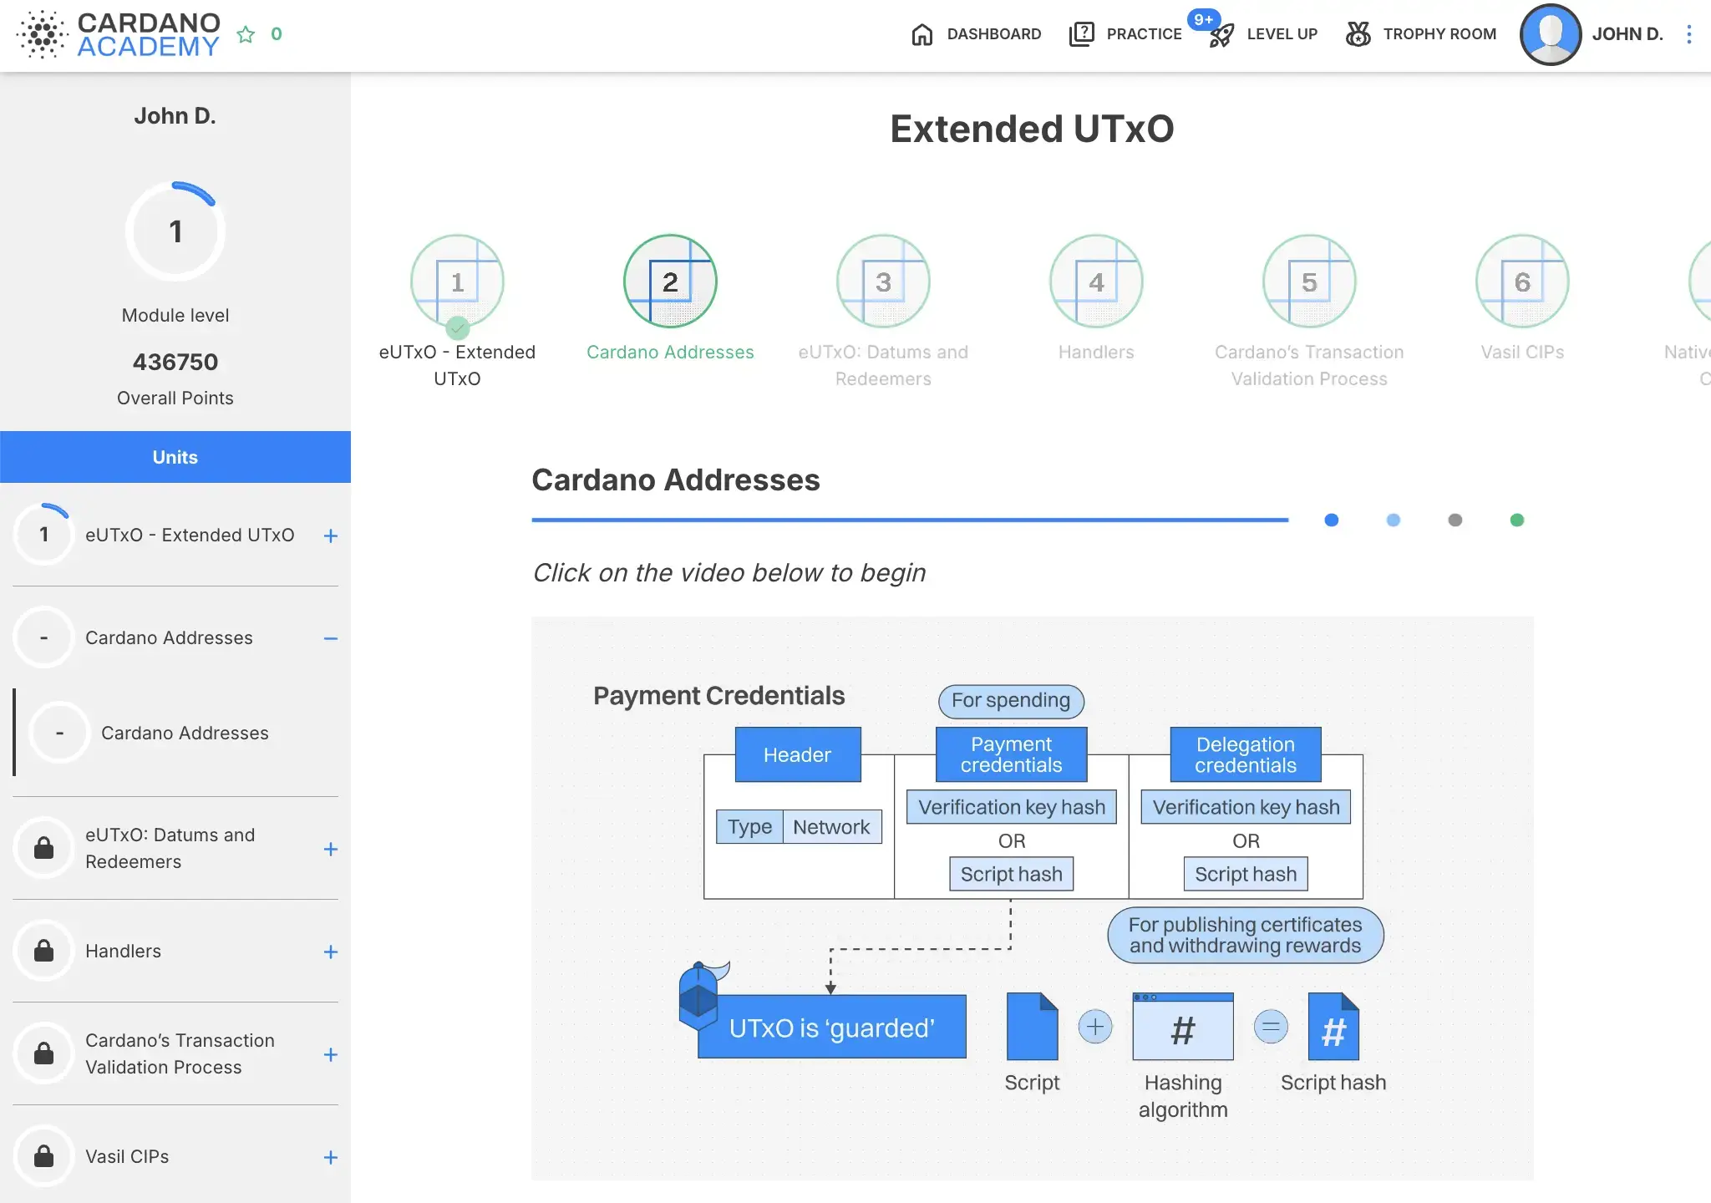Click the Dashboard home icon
[x=922, y=34]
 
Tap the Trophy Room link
[x=1421, y=34]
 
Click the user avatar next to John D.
[x=1551, y=34]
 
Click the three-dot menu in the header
[x=1688, y=34]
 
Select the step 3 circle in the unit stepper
[x=883, y=282]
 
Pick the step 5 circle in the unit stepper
[x=1309, y=282]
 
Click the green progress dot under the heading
[x=1517, y=520]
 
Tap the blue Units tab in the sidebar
[x=175, y=457]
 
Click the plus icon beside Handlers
[x=331, y=952]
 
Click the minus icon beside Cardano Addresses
[x=331, y=638]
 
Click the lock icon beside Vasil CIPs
[x=43, y=1156]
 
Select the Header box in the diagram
[x=798, y=754]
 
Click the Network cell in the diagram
[x=831, y=827]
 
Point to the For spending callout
[x=1011, y=701]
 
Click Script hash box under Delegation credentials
[x=1246, y=874]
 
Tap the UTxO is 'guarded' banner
[x=832, y=1027]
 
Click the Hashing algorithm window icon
[x=1183, y=1027]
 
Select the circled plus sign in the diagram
[x=1095, y=1027]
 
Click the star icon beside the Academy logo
[x=246, y=34]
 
